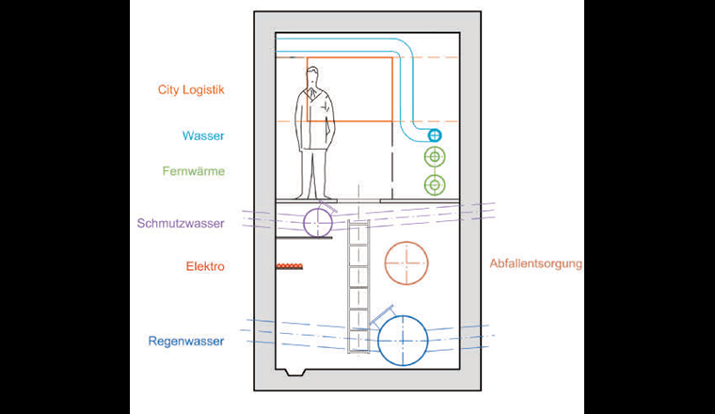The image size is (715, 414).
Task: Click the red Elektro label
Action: click(204, 267)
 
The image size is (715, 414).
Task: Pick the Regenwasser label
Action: click(186, 342)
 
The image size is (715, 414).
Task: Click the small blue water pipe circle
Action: click(435, 136)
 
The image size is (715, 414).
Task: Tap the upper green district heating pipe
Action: click(435, 157)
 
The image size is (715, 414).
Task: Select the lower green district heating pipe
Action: click(435, 184)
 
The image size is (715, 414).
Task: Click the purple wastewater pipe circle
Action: click(318, 222)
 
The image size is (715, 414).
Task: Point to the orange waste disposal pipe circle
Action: click(406, 261)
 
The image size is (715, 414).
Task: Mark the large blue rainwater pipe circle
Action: click(403, 339)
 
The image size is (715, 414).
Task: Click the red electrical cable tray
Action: click(289, 267)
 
